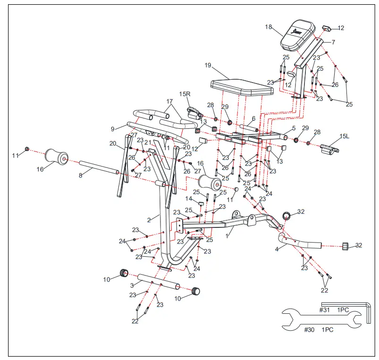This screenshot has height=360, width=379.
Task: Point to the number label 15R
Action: [x=185, y=94]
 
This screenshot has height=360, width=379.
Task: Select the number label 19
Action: [x=208, y=66]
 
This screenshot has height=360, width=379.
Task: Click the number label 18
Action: [x=269, y=27]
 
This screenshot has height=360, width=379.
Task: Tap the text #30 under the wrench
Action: [x=309, y=330]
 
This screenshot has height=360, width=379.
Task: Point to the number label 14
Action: [x=189, y=199]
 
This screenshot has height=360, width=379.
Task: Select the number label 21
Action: [x=148, y=142]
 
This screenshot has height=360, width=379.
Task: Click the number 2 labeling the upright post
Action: [x=149, y=219]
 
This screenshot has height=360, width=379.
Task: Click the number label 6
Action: [x=253, y=119]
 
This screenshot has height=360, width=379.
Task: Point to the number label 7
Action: [x=333, y=42]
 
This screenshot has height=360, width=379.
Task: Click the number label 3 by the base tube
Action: [x=132, y=285]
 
